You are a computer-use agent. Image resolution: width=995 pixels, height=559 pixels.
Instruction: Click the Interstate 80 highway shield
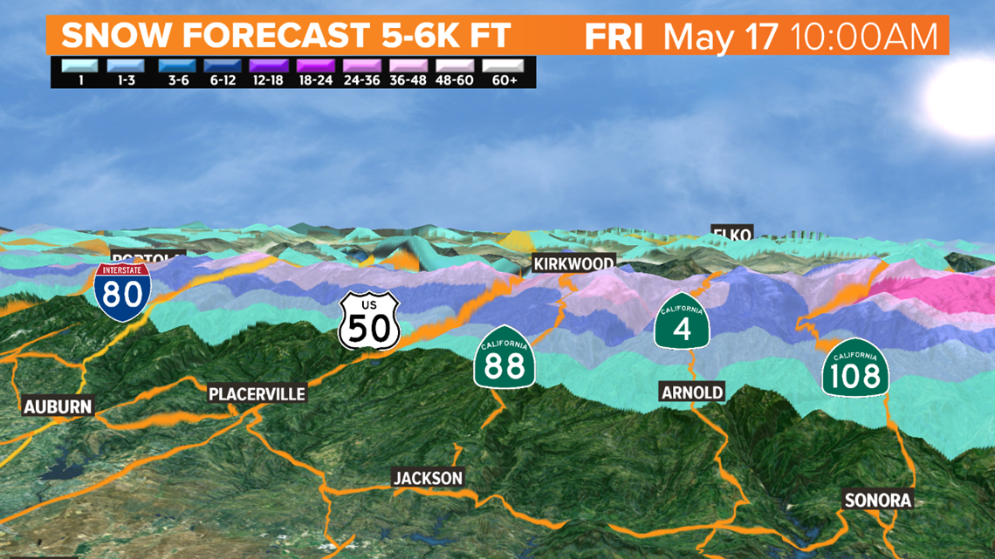tap(122, 289)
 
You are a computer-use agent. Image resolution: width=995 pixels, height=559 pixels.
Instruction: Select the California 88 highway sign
tap(504, 358)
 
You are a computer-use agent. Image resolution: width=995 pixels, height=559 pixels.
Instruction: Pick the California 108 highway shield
tap(855, 369)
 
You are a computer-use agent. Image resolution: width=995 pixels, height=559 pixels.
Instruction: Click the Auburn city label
tap(58, 406)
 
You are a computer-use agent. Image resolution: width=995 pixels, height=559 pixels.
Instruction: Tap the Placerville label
tap(257, 394)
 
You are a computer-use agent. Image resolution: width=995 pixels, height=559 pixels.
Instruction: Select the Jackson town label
tap(428, 478)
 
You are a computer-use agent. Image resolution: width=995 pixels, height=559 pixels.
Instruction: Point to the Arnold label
tap(692, 392)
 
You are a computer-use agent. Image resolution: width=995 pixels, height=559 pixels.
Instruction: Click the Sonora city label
tap(878, 501)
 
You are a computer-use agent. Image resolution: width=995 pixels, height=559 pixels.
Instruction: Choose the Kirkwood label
tap(574, 262)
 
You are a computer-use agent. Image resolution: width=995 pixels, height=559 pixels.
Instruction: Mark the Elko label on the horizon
tap(731, 234)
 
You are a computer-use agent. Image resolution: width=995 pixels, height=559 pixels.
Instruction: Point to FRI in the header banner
tap(614, 37)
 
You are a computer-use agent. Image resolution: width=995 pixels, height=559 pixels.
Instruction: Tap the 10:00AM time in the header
tap(864, 37)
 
